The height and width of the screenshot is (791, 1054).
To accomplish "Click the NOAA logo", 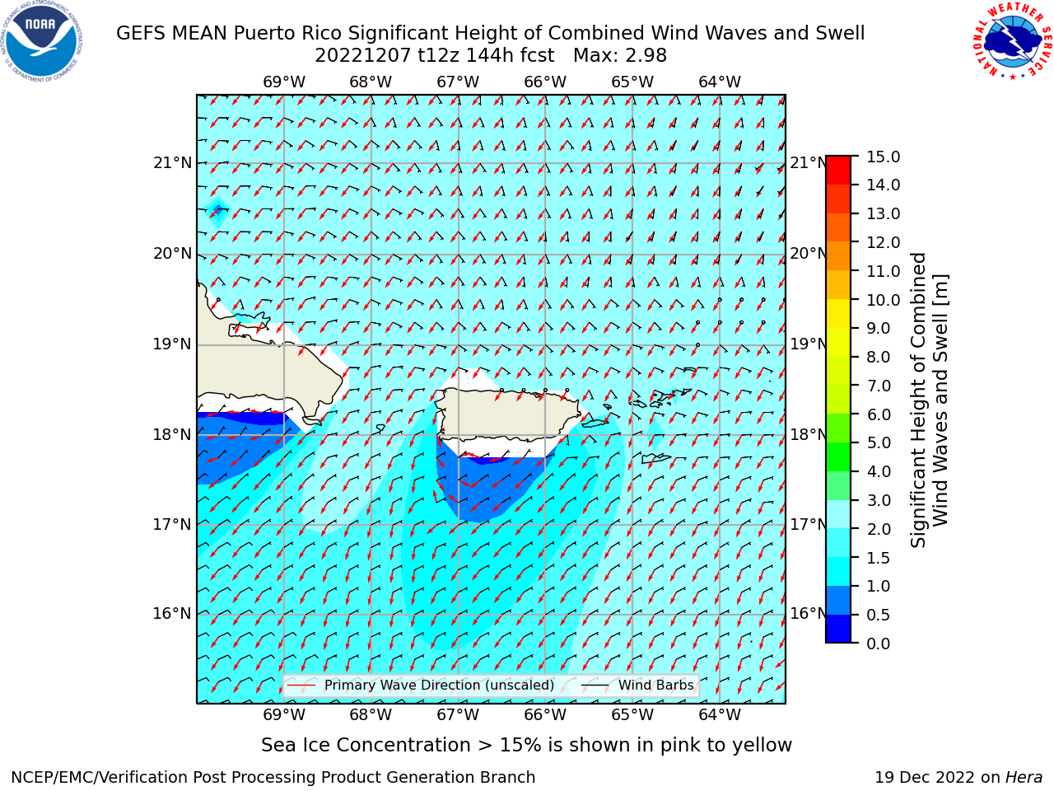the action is pos(41,41).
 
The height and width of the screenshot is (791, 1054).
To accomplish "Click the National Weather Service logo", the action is pos(1012,40).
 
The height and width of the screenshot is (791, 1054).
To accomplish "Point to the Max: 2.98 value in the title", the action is pos(620,56).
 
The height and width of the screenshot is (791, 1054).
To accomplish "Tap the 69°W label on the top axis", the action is pos(284,82).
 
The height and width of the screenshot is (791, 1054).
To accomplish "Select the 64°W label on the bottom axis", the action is pos(720,715).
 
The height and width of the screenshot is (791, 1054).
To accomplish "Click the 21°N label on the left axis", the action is pos(172,163).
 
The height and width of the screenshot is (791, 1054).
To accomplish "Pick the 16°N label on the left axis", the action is pos(172,614).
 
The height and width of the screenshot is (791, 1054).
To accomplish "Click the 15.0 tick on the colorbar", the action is pos(883,157).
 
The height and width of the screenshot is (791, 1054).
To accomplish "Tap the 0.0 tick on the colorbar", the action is pos(879,644).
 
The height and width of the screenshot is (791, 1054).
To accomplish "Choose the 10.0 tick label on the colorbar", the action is pos(883,300).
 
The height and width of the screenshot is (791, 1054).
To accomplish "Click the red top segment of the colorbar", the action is pos(838,171).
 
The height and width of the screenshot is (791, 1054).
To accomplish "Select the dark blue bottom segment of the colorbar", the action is pos(838,629).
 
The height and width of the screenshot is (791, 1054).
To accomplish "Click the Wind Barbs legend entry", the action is pos(637,686).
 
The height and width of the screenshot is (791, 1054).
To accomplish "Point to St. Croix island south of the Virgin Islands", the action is pos(655,458).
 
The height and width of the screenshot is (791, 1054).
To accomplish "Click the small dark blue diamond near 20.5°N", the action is pos(218,209).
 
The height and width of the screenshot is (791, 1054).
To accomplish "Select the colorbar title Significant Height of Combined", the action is pos(917,400).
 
